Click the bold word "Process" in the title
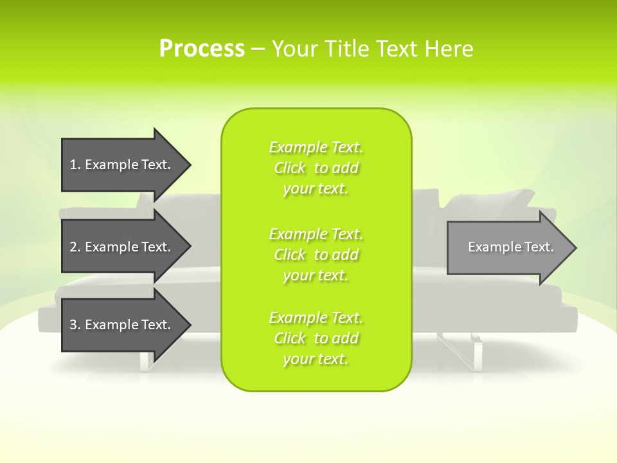(202, 49)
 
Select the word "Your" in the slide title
(295, 49)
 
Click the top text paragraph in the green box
(316, 168)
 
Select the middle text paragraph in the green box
(316, 255)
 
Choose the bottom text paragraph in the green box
(316, 338)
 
